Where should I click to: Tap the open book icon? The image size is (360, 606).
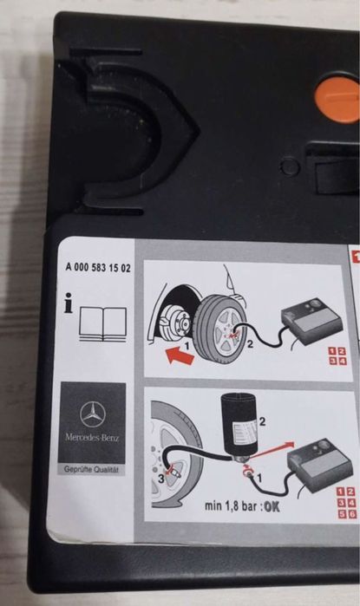pyautogui.click(x=102, y=321)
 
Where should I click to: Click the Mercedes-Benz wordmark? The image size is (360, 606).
pyautogui.click(x=93, y=437)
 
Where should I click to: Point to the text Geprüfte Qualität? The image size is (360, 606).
pyautogui.click(x=93, y=468)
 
